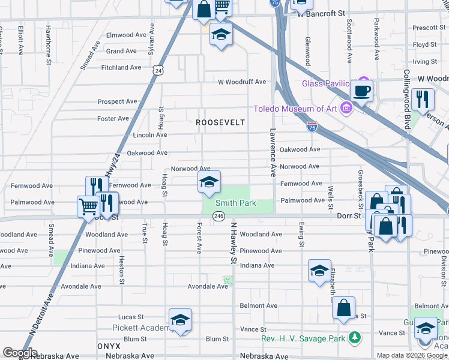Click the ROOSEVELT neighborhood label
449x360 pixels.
[x=221, y=122]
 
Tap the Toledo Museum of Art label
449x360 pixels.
[x=295, y=109]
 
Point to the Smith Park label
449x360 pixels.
[x=236, y=203]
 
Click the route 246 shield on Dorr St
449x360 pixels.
[x=219, y=216]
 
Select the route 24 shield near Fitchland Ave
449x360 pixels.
[x=158, y=71]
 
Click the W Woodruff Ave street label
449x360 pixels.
[x=241, y=82]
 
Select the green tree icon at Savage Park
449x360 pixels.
[x=355, y=338]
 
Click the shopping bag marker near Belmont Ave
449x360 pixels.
[x=343, y=308]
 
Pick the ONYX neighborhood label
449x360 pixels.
[x=109, y=347]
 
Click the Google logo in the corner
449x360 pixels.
[x=20, y=353]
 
